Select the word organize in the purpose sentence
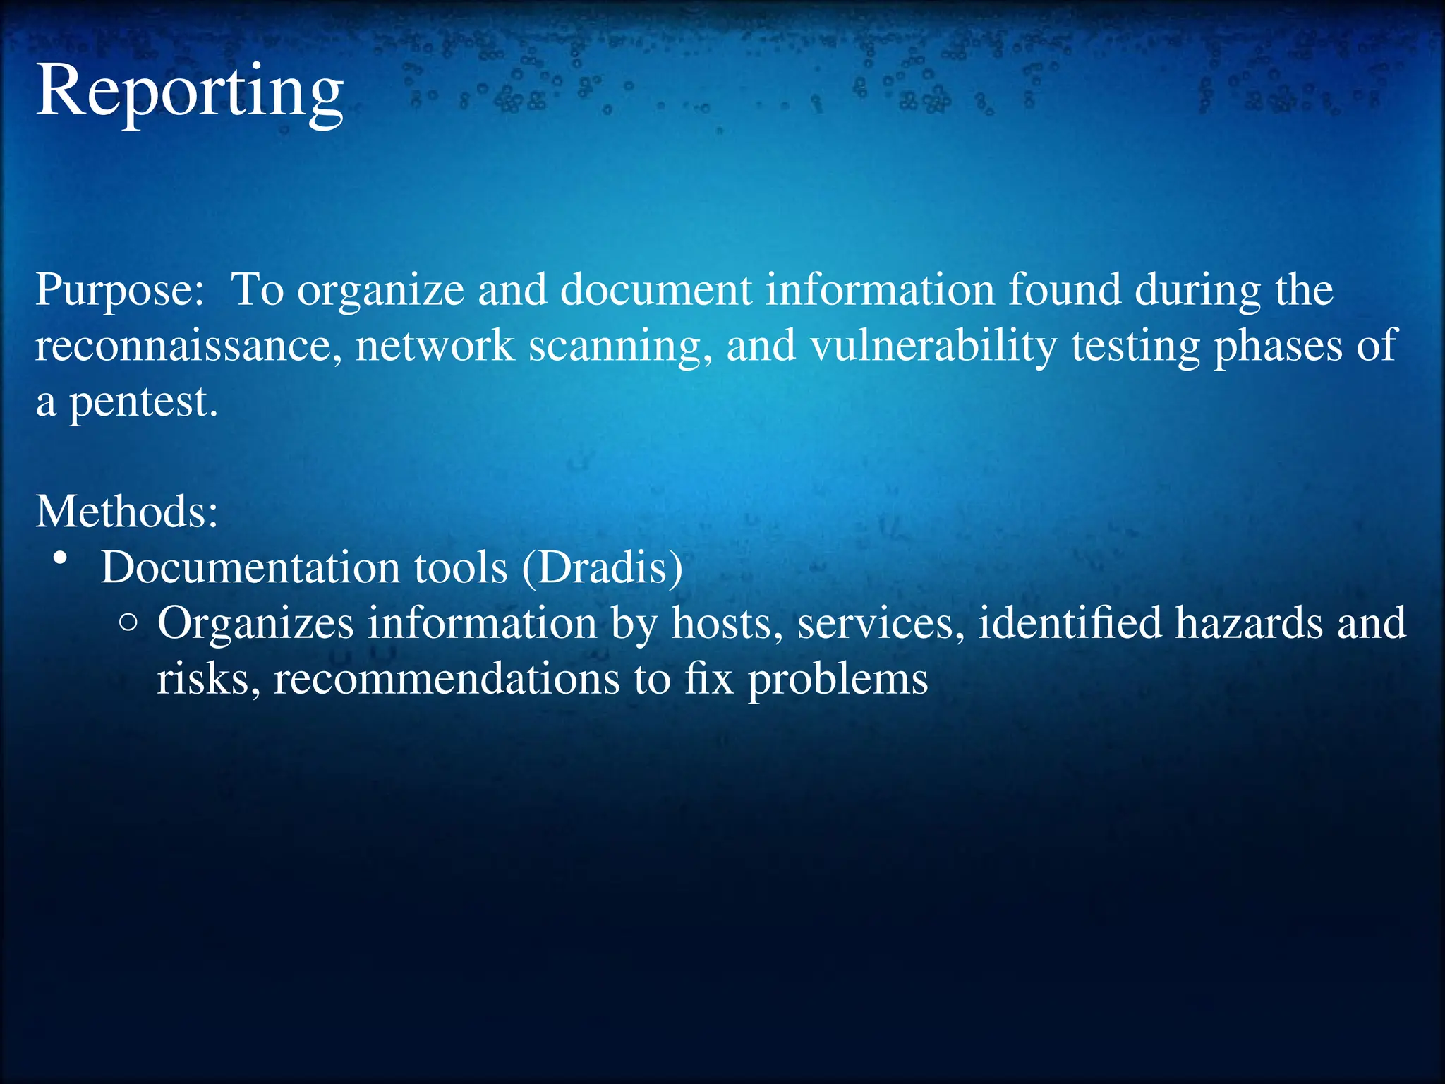(x=380, y=291)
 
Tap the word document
(x=656, y=289)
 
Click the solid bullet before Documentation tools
(x=61, y=559)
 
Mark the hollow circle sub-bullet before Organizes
(x=128, y=622)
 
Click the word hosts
(x=727, y=623)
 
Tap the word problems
(x=838, y=680)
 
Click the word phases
(x=1278, y=347)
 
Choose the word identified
(x=1070, y=623)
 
